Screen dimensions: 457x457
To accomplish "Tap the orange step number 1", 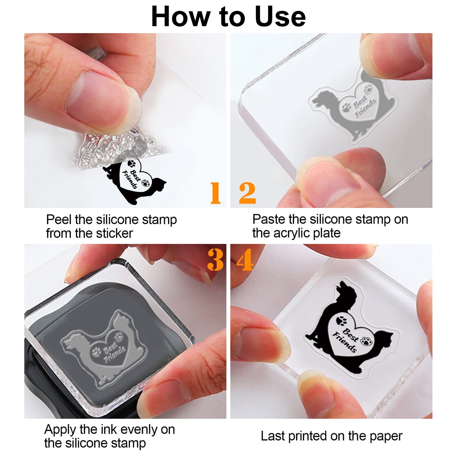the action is [x=215, y=193].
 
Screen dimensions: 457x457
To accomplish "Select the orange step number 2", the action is [x=247, y=193].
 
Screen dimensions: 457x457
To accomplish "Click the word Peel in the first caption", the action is [x=59, y=220].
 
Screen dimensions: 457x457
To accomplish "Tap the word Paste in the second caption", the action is [x=269, y=219].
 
